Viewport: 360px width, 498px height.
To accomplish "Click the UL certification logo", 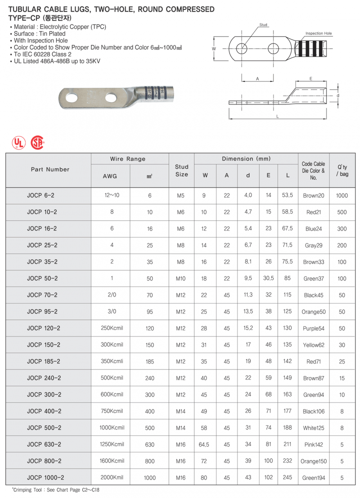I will (x=18, y=143).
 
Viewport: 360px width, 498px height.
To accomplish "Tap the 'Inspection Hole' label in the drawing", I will (x=319, y=34).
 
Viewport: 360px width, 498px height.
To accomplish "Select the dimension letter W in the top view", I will (x=214, y=49).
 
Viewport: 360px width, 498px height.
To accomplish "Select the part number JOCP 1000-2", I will (x=45, y=478).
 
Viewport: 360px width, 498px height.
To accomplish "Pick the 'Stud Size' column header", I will (x=181, y=170).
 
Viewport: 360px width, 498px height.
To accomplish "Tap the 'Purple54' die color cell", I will (x=315, y=328).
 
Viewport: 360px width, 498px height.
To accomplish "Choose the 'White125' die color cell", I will (x=315, y=428).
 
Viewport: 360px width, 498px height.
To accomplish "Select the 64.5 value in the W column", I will (x=204, y=445).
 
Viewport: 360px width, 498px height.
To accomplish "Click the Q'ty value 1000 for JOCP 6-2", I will (x=342, y=196).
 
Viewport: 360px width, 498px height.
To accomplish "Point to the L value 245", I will (x=287, y=478).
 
